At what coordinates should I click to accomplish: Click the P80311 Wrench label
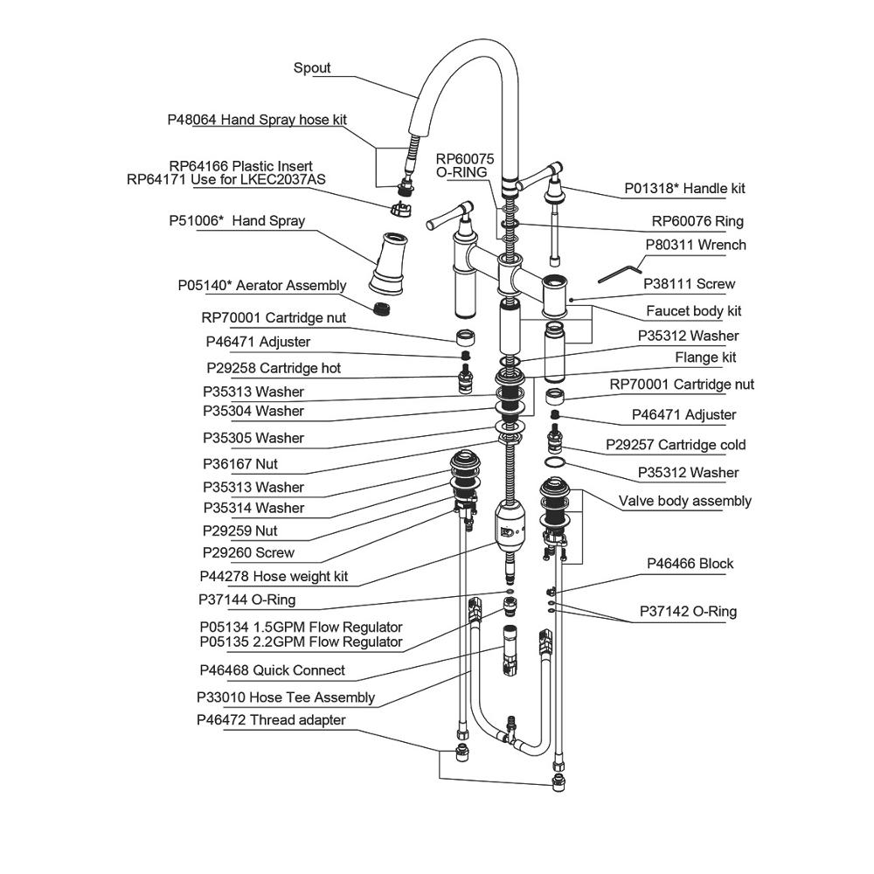coord(696,246)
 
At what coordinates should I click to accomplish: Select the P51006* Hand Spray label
coord(237,221)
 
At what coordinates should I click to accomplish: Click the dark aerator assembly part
coord(381,309)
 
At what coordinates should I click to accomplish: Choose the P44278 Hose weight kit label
coord(274,577)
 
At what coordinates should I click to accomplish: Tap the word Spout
coord(312,68)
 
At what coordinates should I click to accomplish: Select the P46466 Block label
coord(690,564)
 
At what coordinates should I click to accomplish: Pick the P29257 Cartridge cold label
coord(676,445)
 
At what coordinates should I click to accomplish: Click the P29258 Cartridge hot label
coord(274,368)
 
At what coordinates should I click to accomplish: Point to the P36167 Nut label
coord(240,464)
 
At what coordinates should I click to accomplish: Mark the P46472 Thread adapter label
coord(271,720)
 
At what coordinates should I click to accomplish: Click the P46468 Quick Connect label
coord(272,670)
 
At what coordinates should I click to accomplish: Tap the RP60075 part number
coord(466,158)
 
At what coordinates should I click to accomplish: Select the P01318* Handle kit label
coord(684,189)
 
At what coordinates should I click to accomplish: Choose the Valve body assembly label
coord(684,501)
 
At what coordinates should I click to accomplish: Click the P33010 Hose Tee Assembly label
coord(286,697)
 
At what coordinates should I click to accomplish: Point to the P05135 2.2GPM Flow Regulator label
coord(301,642)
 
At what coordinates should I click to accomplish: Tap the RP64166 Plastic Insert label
coord(240,166)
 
